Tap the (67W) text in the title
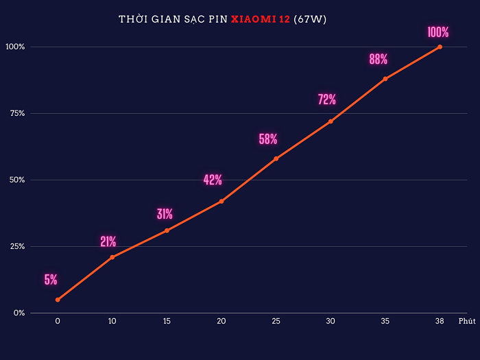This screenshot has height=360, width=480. tap(310, 19)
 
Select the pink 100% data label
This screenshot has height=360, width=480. tap(437, 32)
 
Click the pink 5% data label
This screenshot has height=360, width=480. tap(51, 280)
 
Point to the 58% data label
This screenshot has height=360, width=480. tap(268, 139)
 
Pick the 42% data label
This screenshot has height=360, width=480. tap(213, 180)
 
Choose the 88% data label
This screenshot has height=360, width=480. tap(379, 60)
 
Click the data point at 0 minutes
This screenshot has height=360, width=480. tap(58, 300)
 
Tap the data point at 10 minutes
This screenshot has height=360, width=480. tap(112, 257)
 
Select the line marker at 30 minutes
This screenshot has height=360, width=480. tap(331, 121)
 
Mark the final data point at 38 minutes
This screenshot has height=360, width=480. tap(440, 47)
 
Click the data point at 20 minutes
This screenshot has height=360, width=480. tap(221, 201)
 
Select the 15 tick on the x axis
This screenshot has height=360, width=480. tap(167, 321)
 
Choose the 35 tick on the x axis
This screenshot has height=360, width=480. tap(385, 321)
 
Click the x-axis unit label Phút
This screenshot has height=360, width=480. tap(466, 321)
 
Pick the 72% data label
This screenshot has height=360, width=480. tap(327, 99)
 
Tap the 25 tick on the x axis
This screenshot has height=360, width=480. tap(276, 321)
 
